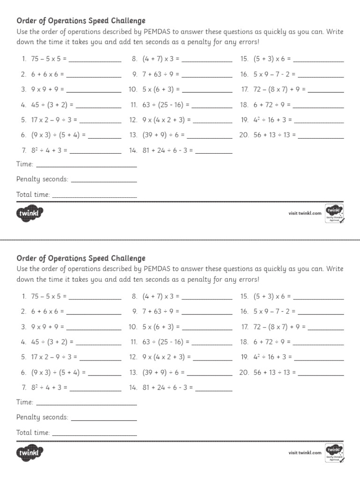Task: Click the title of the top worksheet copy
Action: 81,21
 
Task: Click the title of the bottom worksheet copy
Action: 81,258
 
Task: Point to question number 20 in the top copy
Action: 243,135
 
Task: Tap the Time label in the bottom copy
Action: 24,402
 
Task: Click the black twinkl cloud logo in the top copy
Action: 30,214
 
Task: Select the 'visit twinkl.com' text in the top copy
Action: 305,213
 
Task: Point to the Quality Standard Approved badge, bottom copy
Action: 334,452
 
